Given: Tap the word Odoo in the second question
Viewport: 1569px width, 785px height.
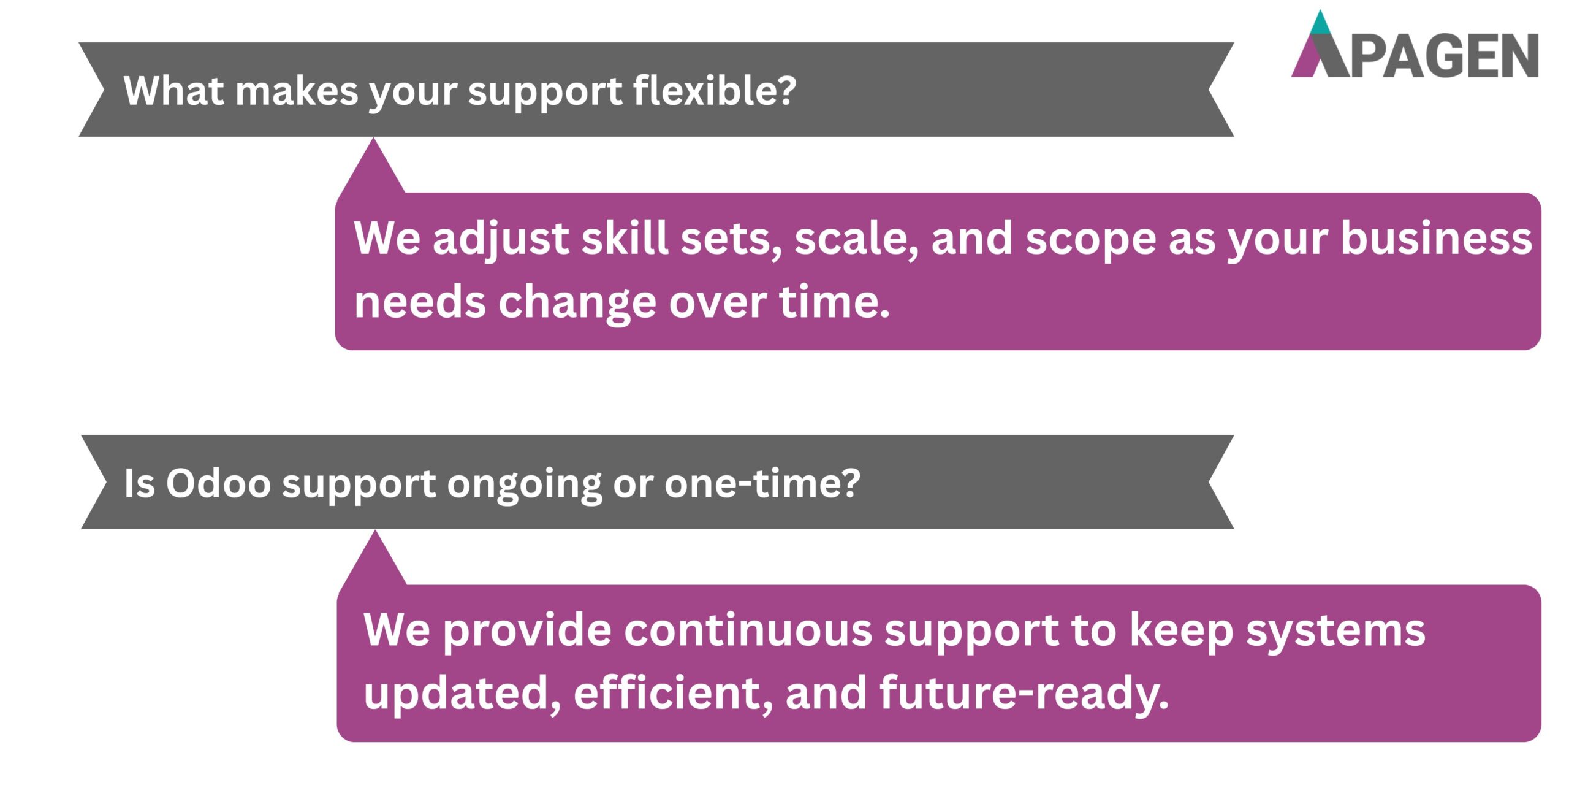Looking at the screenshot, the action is point(218,483).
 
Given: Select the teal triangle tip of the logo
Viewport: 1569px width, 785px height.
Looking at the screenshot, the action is point(1320,23).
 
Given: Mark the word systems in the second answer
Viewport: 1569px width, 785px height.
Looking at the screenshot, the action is point(1335,631).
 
